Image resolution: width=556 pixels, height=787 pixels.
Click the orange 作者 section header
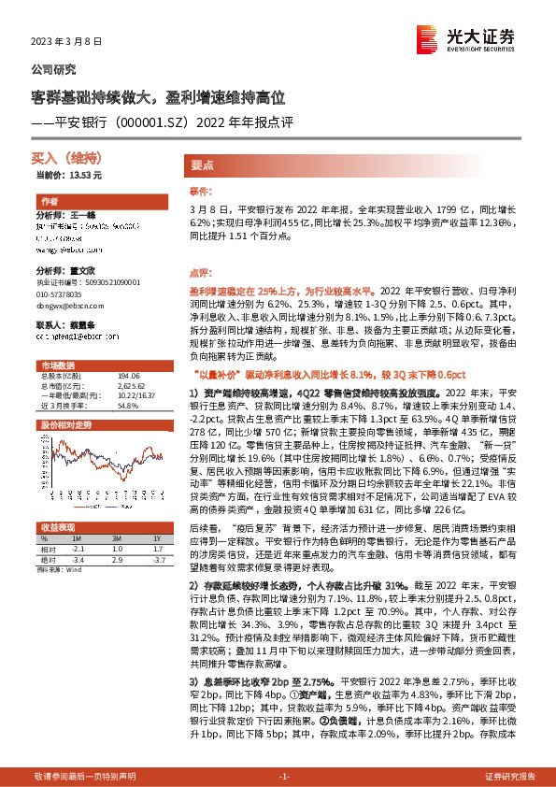tap(50, 202)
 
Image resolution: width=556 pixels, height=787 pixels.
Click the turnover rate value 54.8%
tap(127, 407)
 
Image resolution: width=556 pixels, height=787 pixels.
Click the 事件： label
tap(201, 190)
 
